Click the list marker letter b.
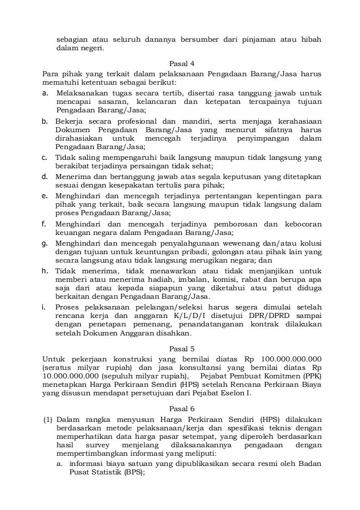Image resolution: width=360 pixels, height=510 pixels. (x=45, y=121)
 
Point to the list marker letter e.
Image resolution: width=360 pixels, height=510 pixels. (x=45, y=195)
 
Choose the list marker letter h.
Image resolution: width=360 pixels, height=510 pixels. (x=45, y=271)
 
